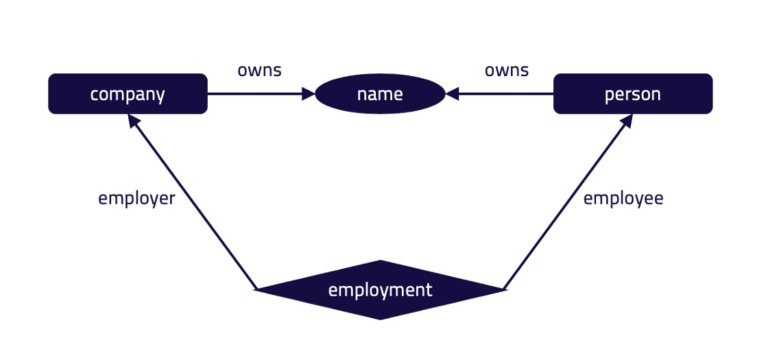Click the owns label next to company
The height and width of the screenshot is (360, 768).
pos(259,70)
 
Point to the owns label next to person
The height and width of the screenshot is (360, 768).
pos(506,70)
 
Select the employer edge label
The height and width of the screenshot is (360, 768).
pos(136,199)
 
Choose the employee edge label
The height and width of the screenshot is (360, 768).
pos(623,199)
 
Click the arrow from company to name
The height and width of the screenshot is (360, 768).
pos(254,94)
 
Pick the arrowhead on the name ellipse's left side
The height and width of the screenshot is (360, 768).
pos(308,94)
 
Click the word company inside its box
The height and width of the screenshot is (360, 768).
pos(128,94)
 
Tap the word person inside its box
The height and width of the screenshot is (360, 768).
pos(632,94)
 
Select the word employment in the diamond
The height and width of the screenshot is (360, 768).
pos(380,290)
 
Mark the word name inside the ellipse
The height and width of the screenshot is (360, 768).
pos(380,94)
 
